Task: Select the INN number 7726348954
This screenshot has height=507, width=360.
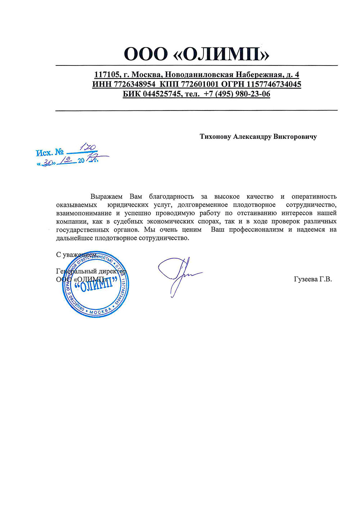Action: (x=134, y=85)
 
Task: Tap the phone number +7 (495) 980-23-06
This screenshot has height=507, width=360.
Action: (x=237, y=94)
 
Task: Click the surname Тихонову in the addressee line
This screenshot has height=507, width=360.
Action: (x=215, y=137)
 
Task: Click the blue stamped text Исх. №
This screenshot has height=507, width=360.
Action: (x=50, y=153)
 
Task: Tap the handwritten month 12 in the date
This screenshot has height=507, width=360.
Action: (x=67, y=160)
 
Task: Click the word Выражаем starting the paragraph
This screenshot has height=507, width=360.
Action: (x=106, y=196)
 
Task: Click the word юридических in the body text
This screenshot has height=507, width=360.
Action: (x=128, y=205)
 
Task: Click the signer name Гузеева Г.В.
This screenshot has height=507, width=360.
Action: (x=313, y=279)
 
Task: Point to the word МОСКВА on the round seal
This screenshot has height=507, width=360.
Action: (x=101, y=312)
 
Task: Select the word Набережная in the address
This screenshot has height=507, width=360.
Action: (x=259, y=75)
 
